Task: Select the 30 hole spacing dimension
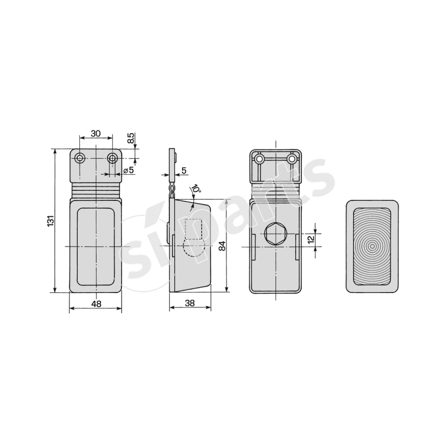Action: (x=95, y=133)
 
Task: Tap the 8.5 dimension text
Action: (x=131, y=139)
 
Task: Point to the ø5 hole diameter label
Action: (x=128, y=170)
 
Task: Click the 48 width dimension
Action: (x=95, y=304)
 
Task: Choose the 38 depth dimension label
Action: (x=189, y=303)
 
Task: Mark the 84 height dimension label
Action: (x=221, y=245)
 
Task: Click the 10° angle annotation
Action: (x=196, y=190)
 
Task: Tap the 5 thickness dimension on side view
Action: (x=184, y=170)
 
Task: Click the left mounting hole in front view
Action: (x=80, y=159)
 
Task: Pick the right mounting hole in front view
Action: (x=113, y=159)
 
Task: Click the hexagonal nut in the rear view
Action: (x=275, y=235)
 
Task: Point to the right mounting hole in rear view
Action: (x=291, y=159)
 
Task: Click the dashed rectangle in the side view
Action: (x=193, y=229)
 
